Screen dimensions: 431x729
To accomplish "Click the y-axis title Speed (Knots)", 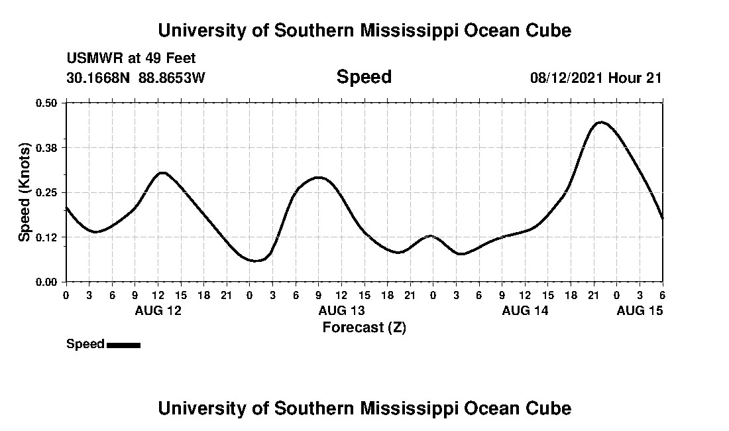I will click(25, 192).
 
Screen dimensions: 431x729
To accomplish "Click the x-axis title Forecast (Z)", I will click(364, 327).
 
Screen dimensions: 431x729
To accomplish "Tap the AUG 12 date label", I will click(158, 310).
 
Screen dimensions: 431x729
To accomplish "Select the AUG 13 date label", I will click(341, 310).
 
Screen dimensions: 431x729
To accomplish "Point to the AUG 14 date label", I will click(525, 310).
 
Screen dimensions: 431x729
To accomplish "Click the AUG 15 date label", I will click(640, 310).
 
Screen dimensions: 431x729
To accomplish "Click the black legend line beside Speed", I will click(123, 345).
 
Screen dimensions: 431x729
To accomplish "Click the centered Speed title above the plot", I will click(364, 77).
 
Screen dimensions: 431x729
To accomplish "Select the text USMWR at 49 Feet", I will click(131, 58).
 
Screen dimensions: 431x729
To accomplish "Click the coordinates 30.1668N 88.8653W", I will click(136, 78).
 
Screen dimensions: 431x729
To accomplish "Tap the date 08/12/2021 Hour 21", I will click(596, 78).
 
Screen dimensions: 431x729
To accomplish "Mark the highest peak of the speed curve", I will click(600, 122).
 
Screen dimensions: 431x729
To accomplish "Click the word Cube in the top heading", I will click(548, 31).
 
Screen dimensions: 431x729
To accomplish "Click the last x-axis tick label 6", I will click(662, 294).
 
